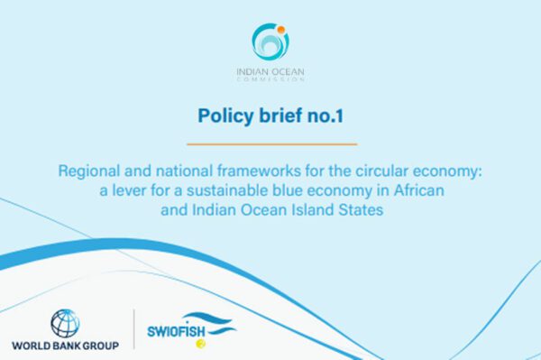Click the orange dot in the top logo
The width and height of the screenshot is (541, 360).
pyautogui.click(x=281, y=30)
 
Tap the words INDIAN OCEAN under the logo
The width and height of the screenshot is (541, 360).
pyautogui.click(x=270, y=72)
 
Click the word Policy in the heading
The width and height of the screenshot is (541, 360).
pyautogui.click(x=225, y=115)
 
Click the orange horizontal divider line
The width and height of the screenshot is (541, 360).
pyautogui.click(x=272, y=144)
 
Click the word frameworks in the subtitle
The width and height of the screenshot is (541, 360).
pyautogui.click(x=259, y=171)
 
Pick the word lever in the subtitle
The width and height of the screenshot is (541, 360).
pyautogui.click(x=129, y=190)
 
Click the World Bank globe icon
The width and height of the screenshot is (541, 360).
pyautogui.click(x=65, y=323)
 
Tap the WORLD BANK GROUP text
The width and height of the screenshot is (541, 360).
pyautogui.click(x=65, y=346)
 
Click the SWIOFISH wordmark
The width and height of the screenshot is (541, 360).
pyautogui.click(x=176, y=331)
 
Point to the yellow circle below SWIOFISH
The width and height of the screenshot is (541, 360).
pyautogui.click(x=200, y=344)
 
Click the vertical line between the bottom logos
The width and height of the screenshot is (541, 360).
pyautogui.click(x=133, y=329)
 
